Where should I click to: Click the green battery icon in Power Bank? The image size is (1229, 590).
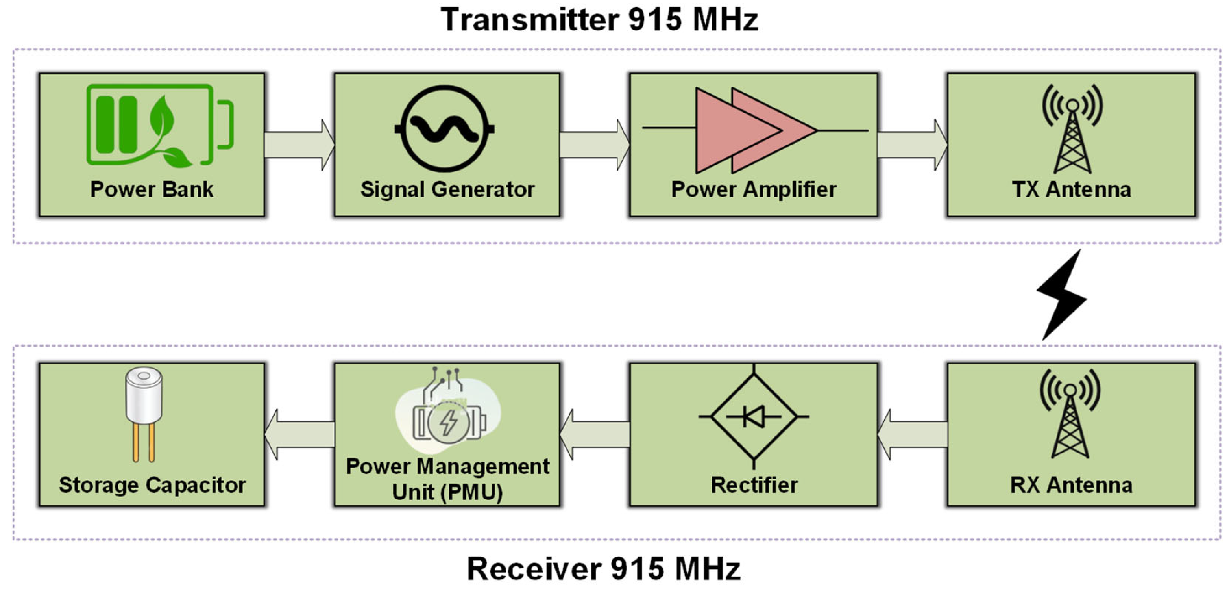(159, 125)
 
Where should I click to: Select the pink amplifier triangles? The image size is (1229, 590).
(754, 130)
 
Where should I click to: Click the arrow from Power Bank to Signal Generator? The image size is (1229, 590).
(299, 145)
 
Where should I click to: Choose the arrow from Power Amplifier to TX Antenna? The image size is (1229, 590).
(912, 145)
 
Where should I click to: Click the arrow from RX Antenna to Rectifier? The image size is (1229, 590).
(913, 434)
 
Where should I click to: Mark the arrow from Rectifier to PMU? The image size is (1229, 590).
(595, 434)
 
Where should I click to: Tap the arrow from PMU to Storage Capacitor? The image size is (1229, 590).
(299, 434)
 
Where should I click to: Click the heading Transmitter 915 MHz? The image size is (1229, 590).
(599, 20)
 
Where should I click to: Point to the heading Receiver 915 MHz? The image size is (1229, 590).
(604, 568)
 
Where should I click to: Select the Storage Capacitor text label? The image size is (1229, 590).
(152, 485)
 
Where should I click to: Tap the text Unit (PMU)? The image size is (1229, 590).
(447, 492)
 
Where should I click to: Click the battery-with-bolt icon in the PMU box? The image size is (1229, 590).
(449, 423)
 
